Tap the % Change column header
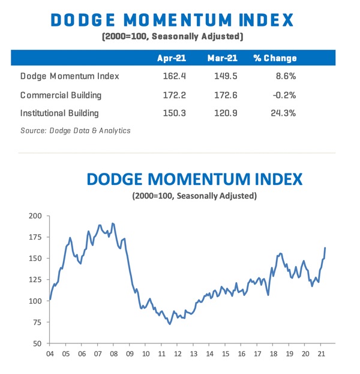[x=275, y=58]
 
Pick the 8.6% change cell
[x=284, y=76]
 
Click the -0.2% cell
[x=283, y=95]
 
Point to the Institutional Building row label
[x=59, y=112]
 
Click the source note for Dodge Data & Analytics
[x=75, y=130]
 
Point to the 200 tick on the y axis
[x=36, y=216]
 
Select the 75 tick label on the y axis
[x=38, y=322]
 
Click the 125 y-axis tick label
[x=36, y=280]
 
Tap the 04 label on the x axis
[x=50, y=354]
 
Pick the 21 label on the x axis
[x=321, y=354]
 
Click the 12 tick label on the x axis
[x=178, y=354]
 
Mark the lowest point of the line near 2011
[x=170, y=324]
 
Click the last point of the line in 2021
[x=325, y=247]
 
